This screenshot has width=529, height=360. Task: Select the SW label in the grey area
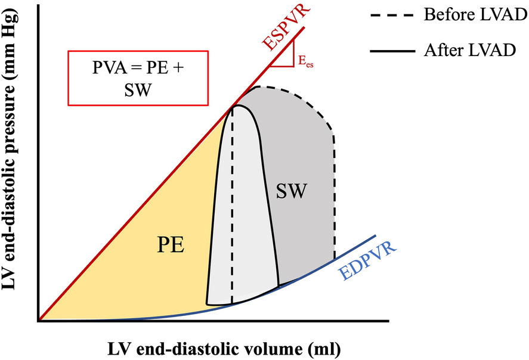tap(292, 191)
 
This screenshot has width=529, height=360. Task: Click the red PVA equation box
tap(138, 76)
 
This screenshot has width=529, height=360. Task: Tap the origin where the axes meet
tap(39, 321)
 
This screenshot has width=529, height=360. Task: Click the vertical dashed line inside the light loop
tap(232, 209)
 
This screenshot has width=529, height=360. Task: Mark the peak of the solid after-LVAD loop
tap(236, 105)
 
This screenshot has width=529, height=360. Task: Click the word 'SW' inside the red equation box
tap(138, 87)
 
